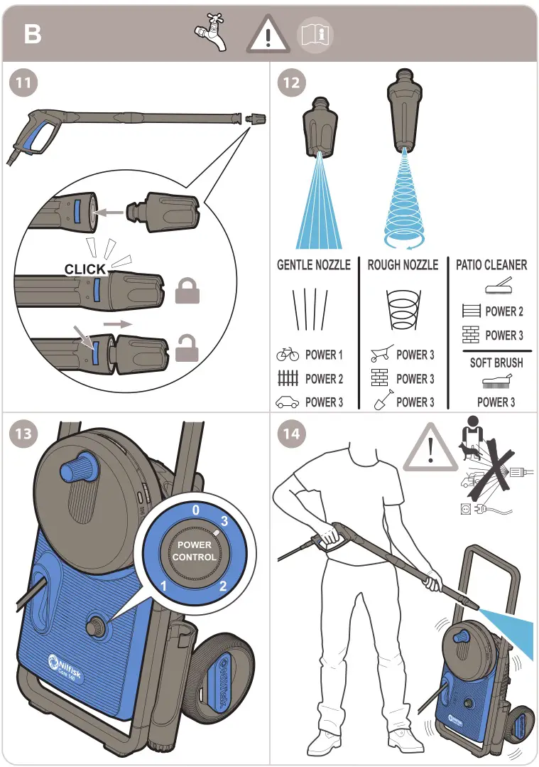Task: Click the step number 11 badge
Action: tap(23, 82)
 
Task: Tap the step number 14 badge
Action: tap(291, 433)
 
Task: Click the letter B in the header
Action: tap(33, 33)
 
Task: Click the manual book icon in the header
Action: tap(315, 34)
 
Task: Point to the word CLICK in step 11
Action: tap(85, 269)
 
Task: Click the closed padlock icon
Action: tap(187, 290)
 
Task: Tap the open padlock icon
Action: tap(187, 348)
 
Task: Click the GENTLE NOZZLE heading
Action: tap(313, 265)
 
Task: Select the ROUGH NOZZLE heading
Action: tap(403, 265)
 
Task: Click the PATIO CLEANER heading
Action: tap(491, 265)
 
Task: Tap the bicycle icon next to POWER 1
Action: tap(288, 355)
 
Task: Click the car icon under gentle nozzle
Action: tap(288, 402)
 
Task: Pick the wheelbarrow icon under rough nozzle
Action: tap(381, 355)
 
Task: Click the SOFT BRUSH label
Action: tap(496, 363)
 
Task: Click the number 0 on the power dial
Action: tap(196, 510)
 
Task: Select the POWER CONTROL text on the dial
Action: tap(194, 552)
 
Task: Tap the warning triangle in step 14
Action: tap(430, 449)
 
